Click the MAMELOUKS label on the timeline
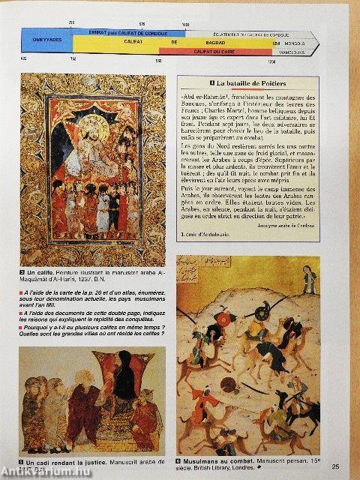[295, 50]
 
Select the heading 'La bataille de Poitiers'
[255, 81]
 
